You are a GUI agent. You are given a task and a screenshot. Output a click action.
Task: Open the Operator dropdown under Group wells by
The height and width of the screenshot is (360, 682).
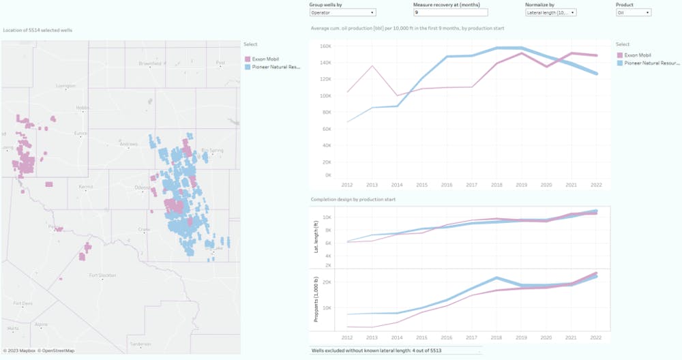tap(342, 12)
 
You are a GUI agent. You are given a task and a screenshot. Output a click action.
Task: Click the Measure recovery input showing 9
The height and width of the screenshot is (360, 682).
tap(450, 12)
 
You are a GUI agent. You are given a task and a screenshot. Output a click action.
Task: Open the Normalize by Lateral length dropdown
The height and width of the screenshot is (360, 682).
tap(551, 12)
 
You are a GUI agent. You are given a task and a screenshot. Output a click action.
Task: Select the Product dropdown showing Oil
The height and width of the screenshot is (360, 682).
tap(633, 12)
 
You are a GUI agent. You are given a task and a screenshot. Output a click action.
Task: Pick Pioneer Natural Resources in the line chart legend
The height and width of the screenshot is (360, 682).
tap(648, 62)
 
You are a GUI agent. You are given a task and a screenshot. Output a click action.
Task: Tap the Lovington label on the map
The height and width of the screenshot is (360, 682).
tap(65, 86)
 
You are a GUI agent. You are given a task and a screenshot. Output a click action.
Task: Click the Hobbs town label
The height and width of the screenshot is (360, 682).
tap(83, 107)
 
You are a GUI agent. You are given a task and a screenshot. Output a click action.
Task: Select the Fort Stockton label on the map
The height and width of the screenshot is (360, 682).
tap(102, 275)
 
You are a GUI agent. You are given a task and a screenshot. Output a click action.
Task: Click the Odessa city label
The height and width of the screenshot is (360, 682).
tap(141, 187)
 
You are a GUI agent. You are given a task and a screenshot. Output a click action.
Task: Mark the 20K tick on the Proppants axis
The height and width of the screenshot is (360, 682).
tap(326, 282)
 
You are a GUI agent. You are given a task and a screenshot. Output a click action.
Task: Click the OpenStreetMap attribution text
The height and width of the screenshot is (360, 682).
tap(57, 351)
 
